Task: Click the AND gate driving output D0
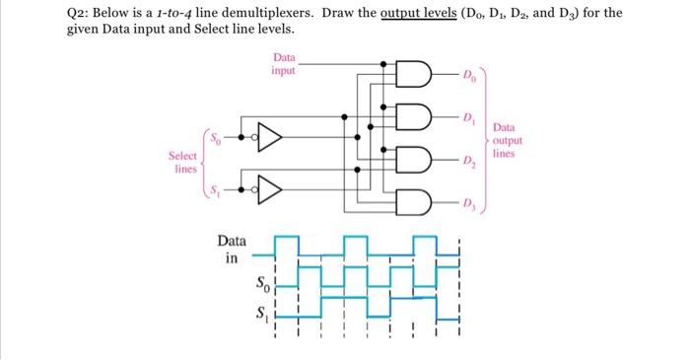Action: pos(413,76)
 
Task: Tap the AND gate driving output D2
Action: pos(413,161)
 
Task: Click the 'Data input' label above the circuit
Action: pos(283,65)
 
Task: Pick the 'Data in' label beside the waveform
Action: pos(233,250)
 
